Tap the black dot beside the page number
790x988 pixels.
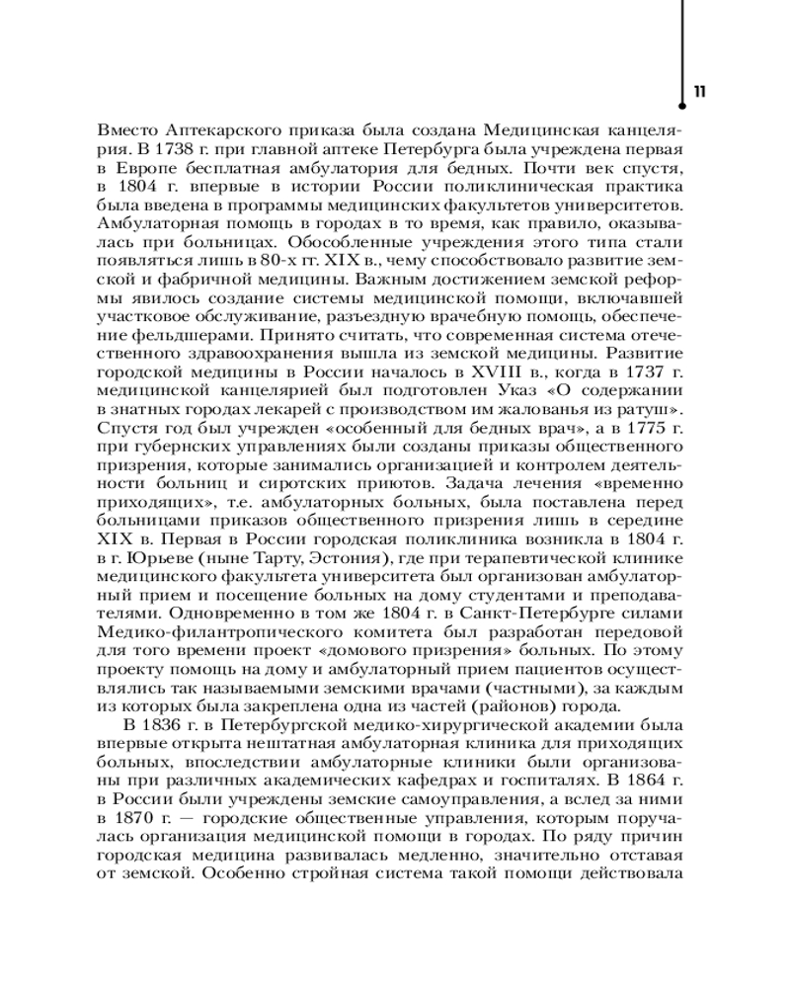(682, 100)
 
